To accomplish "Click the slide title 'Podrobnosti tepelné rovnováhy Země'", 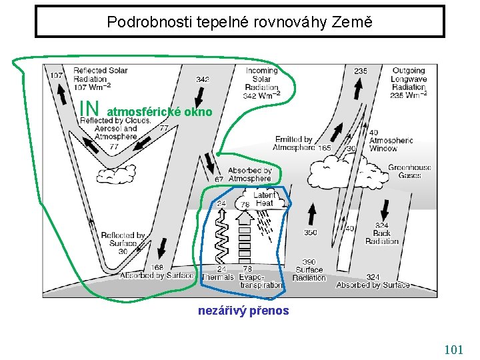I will pyautogui.click(x=239, y=21).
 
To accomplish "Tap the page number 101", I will pyautogui.click(x=453, y=349).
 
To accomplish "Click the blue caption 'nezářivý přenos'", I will pyautogui.click(x=243, y=310).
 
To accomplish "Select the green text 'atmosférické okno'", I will pyautogui.click(x=159, y=112).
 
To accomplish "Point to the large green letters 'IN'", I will pyautogui.click(x=89, y=107).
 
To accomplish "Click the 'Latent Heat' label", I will pyautogui.click(x=264, y=199).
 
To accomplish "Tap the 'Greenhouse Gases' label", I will pyautogui.click(x=409, y=171).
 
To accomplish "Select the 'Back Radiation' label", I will pyautogui.click(x=382, y=233).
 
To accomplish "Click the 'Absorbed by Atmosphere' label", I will pyautogui.click(x=249, y=174).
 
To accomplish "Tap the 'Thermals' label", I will pyautogui.click(x=218, y=277).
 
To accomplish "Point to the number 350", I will pyautogui.click(x=311, y=233).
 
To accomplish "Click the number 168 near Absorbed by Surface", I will pyautogui.click(x=157, y=268).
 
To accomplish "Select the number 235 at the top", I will pyautogui.click(x=360, y=71).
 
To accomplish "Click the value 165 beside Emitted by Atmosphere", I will pyautogui.click(x=325, y=148).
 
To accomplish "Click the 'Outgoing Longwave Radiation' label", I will pyautogui.click(x=409, y=83).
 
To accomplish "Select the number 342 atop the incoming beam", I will pyautogui.click(x=203, y=79).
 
